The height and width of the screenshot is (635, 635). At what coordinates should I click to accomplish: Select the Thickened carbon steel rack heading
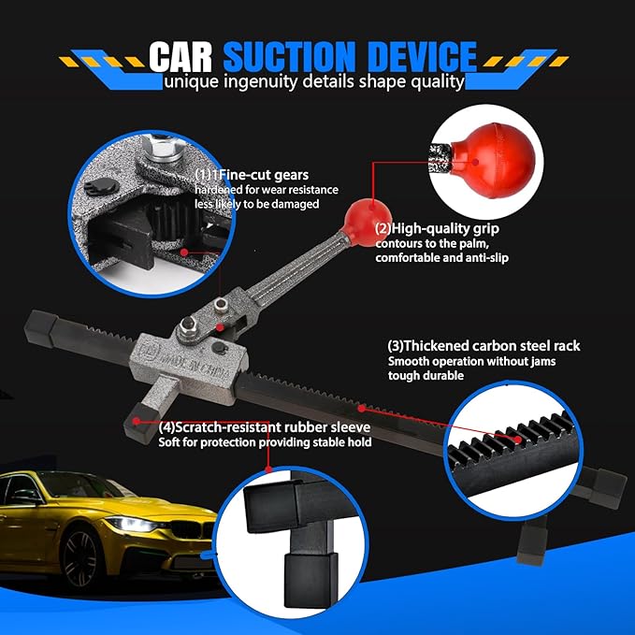tap(483, 346)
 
